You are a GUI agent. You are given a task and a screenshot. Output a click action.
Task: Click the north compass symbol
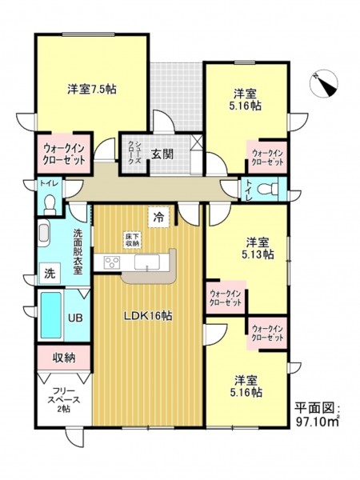[324, 84]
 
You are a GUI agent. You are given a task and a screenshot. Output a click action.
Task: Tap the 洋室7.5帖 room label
[92, 89]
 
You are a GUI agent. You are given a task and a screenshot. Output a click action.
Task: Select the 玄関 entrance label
[162, 154]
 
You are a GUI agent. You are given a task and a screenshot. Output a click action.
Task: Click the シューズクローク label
[134, 154]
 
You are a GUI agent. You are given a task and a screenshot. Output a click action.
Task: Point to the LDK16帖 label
[147, 316]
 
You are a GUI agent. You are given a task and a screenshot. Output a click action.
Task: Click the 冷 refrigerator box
[158, 218]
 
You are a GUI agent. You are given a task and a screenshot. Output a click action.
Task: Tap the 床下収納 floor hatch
[132, 240]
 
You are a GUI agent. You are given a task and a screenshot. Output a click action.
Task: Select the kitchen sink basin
[147, 262]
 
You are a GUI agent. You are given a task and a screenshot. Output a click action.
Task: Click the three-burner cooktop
[112, 263]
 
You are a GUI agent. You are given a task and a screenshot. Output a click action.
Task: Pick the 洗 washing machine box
[50, 273]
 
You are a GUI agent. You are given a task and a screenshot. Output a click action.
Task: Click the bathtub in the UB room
[51, 315]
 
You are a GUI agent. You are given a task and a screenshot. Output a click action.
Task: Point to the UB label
[75, 318]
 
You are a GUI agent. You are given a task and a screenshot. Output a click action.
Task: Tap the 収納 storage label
[64, 358]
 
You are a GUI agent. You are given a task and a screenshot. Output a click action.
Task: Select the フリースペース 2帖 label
[64, 400]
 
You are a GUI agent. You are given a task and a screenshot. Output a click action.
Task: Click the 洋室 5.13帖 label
[258, 248]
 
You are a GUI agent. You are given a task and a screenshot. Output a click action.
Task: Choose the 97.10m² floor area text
[318, 422]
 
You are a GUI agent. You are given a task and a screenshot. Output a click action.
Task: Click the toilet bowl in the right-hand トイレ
[267, 189]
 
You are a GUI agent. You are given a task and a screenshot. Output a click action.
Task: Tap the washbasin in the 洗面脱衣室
[43, 234]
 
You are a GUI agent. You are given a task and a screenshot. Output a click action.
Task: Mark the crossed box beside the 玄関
[196, 142]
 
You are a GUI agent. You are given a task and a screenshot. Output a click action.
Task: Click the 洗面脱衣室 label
[78, 252]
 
